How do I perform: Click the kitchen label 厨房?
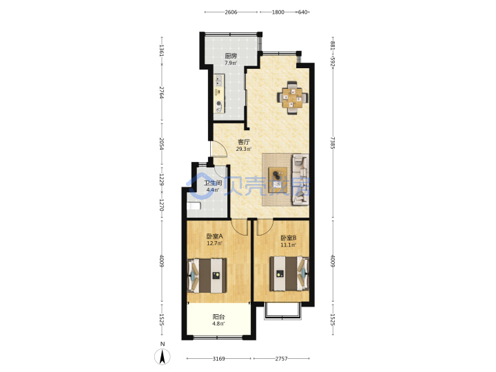[x=231, y=56]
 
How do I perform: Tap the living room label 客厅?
[x=244, y=142]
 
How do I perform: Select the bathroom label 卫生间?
[x=213, y=183]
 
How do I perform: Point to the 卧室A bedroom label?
[x=214, y=236]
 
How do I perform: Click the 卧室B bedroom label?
[x=288, y=238]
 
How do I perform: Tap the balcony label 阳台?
[x=218, y=317]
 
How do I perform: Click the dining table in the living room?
[x=293, y=97]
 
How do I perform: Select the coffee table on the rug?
[x=278, y=180]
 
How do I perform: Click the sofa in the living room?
[x=300, y=179]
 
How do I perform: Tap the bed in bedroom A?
[x=207, y=276]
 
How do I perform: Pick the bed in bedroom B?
[x=289, y=273]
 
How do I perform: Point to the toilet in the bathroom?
[x=194, y=206]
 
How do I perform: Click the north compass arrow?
[x=163, y=357]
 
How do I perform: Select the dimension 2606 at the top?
[x=231, y=12]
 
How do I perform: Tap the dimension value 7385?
[x=333, y=143]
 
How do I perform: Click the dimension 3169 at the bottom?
[x=218, y=359]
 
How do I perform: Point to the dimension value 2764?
[x=162, y=92]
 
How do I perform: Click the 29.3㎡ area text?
[x=244, y=149]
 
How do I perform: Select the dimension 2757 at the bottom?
[x=281, y=359]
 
